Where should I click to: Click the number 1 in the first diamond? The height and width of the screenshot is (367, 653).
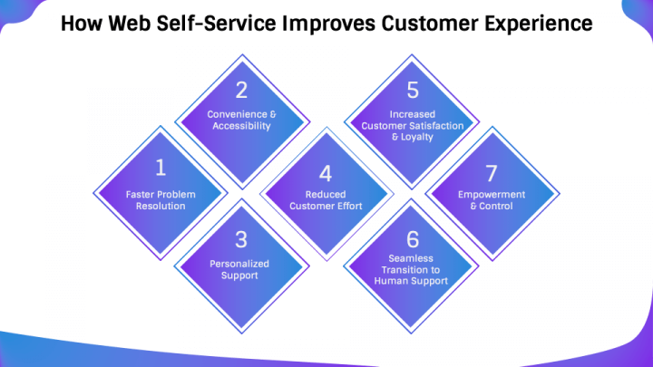click(160, 167)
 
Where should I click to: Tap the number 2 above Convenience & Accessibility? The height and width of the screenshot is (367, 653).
click(240, 90)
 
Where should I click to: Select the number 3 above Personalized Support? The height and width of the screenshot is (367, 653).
click(240, 239)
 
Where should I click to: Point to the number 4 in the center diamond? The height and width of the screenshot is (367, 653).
click(326, 173)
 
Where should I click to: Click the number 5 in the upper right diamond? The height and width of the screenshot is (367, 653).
click(413, 90)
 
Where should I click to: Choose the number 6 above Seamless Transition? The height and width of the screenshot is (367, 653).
click(413, 239)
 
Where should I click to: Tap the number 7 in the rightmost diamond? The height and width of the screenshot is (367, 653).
click(491, 173)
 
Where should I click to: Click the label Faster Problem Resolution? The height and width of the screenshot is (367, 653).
click(160, 199)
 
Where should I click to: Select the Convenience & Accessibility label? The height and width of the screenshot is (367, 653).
click(240, 121)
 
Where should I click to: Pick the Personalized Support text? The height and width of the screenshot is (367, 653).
click(240, 269)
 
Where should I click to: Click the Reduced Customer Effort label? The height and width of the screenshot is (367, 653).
click(326, 199)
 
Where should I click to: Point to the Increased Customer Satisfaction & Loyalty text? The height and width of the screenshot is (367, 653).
click(413, 127)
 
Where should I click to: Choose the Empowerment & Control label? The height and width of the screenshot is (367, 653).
click(491, 199)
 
